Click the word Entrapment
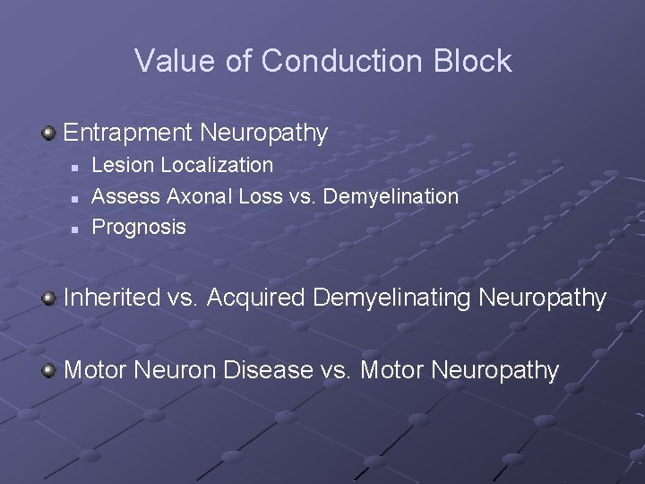128,134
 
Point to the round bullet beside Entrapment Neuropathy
50,134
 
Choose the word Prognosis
139,227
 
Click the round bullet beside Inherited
50,298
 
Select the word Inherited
111,298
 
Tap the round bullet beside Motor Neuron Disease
50,369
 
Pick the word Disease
268,369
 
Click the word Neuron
176,369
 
